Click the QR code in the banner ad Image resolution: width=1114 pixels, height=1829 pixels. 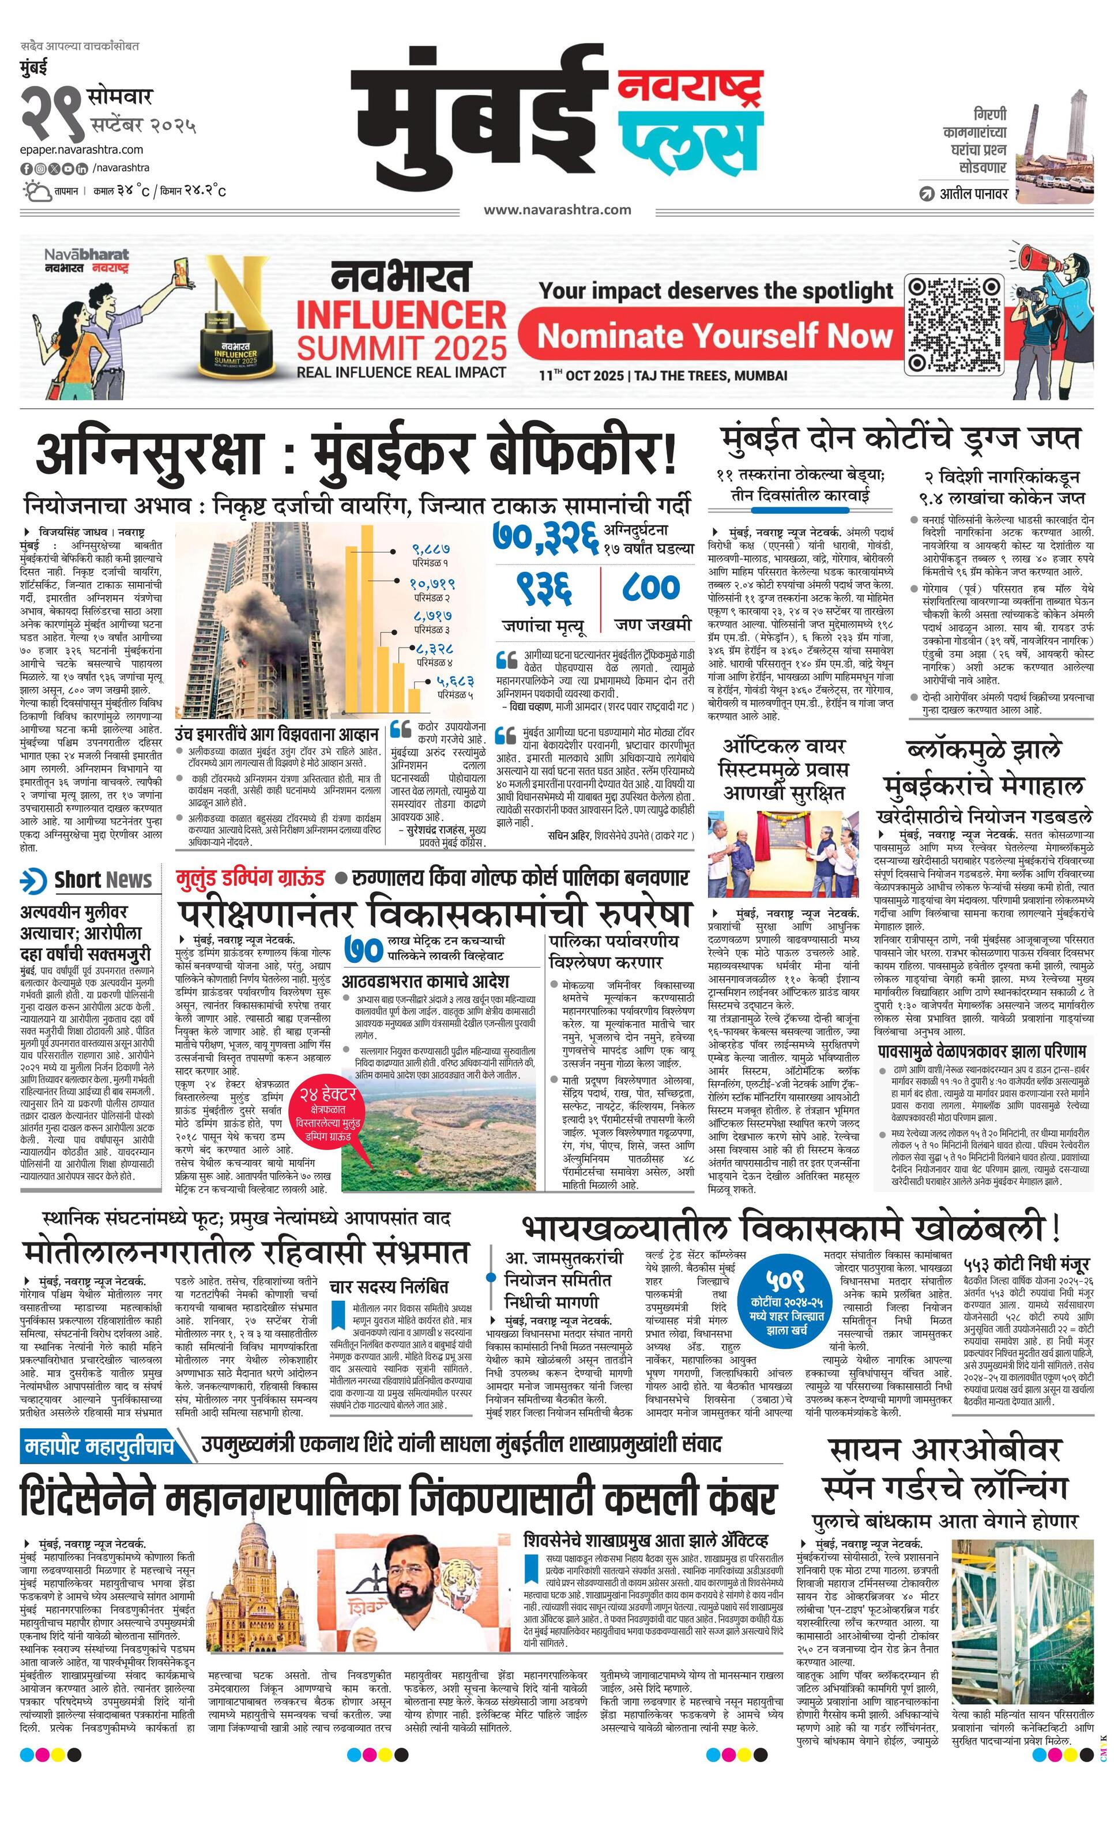(x=954, y=325)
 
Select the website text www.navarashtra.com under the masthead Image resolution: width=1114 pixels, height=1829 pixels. (x=558, y=209)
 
